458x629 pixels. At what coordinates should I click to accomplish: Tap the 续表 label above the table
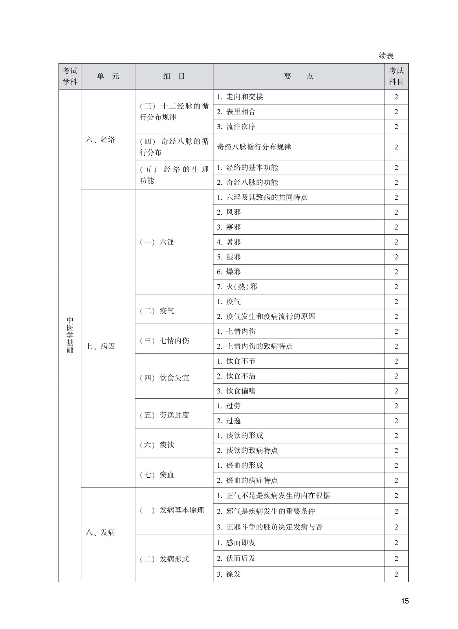[386, 56]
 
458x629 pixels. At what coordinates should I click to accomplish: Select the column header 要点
[299, 76]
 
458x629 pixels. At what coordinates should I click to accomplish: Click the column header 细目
[174, 76]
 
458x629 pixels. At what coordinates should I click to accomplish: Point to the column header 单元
[108, 76]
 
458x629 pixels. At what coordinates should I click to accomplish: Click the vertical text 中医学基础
[70, 335]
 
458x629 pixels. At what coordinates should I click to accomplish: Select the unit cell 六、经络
[101, 140]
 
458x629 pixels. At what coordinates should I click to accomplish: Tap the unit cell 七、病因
[101, 346]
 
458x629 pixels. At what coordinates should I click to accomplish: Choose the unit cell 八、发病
[101, 533]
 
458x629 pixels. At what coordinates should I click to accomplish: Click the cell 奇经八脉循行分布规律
[254, 147]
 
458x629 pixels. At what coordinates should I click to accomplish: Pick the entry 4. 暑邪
[229, 242]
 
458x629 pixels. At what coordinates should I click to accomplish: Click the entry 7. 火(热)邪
[237, 287]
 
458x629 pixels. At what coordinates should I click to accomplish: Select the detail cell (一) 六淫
[157, 242]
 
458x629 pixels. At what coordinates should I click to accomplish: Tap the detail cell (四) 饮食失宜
[165, 378]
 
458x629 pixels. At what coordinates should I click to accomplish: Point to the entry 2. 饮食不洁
[236, 376]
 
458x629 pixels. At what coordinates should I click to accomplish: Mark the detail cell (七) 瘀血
[157, 475]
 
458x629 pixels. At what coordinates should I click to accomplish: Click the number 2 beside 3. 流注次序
[396, 127]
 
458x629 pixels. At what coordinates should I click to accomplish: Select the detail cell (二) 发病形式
[165, 559]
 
